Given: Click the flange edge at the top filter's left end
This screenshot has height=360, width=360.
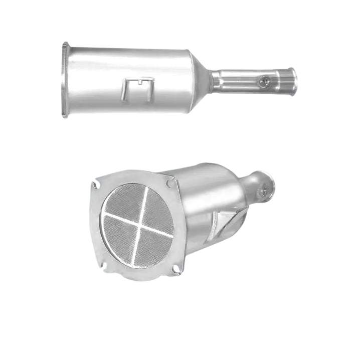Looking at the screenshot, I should tap(65, 80).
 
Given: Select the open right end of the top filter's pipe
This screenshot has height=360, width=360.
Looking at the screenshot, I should tap(296, 78).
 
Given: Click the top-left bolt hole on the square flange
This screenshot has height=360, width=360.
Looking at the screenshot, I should tap(94, 185).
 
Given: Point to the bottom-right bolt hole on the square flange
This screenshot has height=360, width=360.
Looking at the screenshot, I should tap(175, 270).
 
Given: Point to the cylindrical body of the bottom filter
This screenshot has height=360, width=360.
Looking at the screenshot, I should tap(201, 201).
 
